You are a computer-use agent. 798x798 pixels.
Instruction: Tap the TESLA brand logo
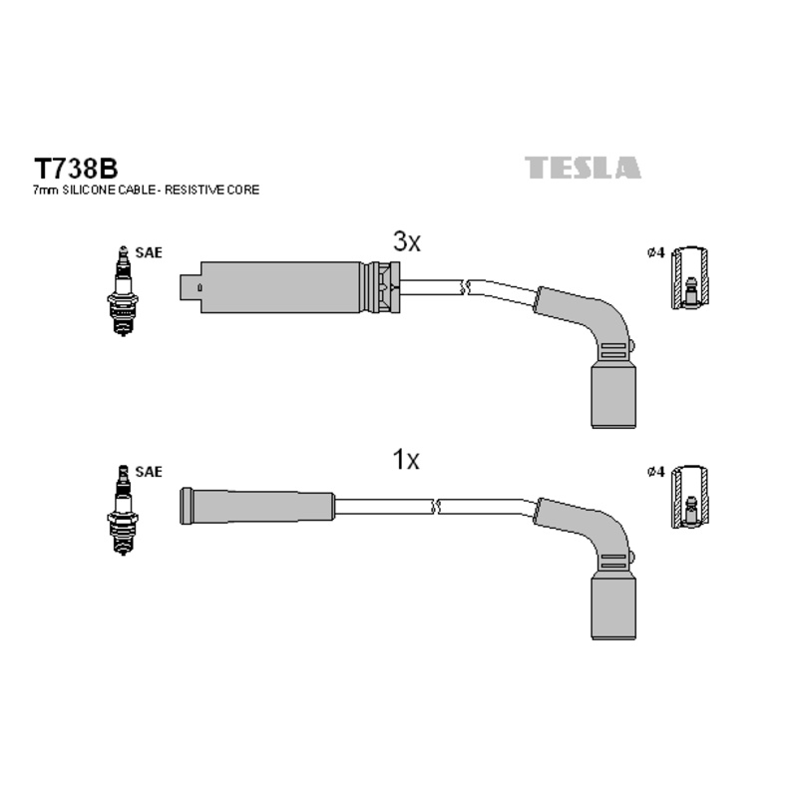coord(584,168)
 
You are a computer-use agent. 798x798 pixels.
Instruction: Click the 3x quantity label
coord(407,241)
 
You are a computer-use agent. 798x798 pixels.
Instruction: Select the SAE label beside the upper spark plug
coord(148,253)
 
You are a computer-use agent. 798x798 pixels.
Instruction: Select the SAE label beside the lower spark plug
coord(148,471)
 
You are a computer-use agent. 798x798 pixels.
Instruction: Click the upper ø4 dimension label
coord(655,254)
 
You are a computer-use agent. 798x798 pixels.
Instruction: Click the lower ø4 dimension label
coord(655,472)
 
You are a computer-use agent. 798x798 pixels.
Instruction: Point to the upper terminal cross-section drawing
coord(689,278)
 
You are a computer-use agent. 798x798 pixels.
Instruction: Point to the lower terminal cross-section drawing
coord(689,496)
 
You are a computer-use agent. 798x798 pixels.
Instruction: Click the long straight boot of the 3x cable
coord(282,287)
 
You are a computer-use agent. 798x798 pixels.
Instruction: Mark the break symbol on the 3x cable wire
coord(461,287)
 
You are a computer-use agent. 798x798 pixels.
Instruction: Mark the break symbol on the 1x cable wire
coord(435,506)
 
